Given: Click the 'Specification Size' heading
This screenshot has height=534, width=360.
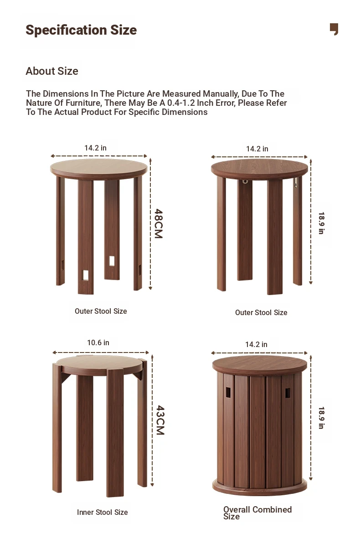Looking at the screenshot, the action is [x=81, y=30].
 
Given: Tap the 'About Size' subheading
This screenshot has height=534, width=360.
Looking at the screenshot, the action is [x=52, y=71].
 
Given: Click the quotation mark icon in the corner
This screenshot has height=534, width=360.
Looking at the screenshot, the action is [x=334, y=29].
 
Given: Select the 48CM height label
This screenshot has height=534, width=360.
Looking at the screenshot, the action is [x=159, y=223].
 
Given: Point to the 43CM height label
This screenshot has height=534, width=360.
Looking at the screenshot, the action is [x=160, y=420].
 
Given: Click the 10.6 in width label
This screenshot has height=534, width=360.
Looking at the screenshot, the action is [x=98, y=342].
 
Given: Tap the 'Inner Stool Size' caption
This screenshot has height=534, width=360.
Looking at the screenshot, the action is [x=102, y=512].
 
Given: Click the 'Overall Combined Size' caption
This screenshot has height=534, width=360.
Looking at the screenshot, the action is [x=257, y=513].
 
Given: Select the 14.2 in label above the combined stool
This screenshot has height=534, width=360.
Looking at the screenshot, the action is [x=256, y=344].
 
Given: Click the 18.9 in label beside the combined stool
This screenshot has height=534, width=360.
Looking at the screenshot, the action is [x=321, y=418].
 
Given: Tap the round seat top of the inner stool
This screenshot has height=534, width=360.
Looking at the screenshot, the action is [x=99, y=365].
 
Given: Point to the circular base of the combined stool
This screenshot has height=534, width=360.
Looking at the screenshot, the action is [x=260, y=487].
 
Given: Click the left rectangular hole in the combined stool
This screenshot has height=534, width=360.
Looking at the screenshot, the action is [x=228, y=392].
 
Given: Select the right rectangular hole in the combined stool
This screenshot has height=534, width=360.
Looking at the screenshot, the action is [x=288, y=393].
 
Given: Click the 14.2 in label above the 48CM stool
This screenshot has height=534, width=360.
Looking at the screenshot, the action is [x=95, y=148].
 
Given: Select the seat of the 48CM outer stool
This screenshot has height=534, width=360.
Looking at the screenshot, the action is [x=99, y=169].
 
